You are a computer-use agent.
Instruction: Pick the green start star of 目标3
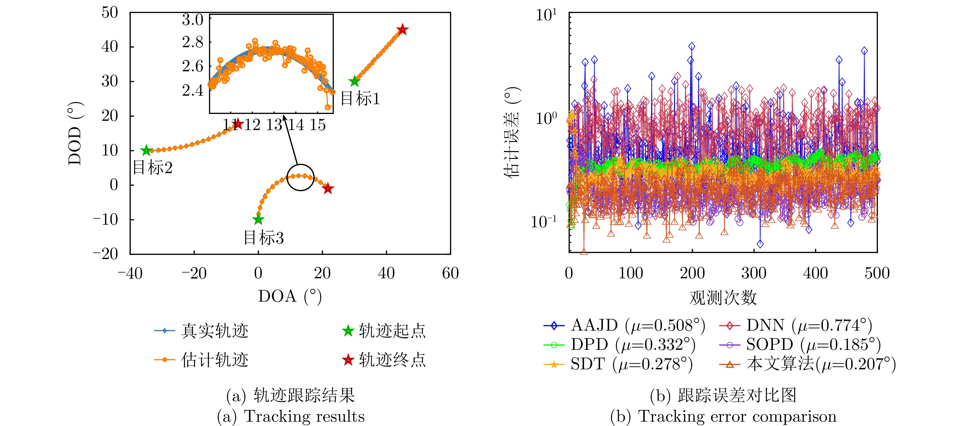258,219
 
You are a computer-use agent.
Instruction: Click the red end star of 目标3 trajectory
328,189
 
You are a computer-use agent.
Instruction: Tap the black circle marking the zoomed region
300,177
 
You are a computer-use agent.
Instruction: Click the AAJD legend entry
624,325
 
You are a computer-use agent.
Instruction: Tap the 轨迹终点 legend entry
384,360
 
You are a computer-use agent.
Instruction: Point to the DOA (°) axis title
290,296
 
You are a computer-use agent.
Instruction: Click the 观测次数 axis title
723,297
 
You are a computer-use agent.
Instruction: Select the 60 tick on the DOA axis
450,273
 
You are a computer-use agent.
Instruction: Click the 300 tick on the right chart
754,273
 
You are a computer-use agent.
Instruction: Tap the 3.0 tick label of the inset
193,19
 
